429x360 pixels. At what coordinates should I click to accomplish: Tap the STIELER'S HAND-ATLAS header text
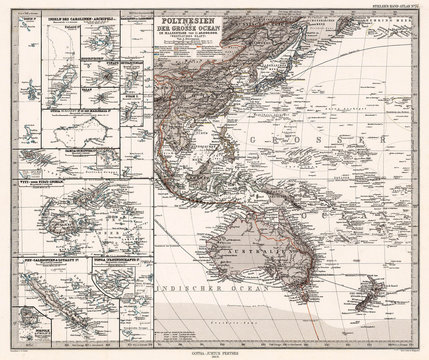(x=392, y=7)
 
